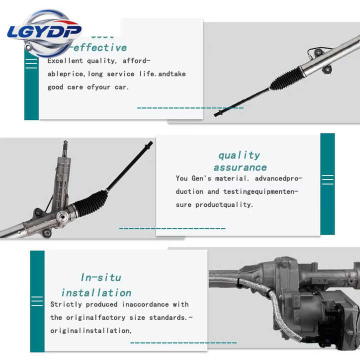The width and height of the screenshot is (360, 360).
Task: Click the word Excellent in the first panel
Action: (x=65, y=61)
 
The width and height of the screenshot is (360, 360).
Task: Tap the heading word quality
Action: (x=239, y=155)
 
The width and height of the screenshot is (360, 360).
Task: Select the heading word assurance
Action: (x=240, y=167)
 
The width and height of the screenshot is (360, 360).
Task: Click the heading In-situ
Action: (x=101, y=277)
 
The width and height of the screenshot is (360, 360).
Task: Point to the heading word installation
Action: (x=96, y=292)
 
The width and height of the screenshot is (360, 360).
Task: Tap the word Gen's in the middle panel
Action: (x=202, y=178)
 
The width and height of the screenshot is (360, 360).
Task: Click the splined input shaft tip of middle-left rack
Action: (x=65, y=147)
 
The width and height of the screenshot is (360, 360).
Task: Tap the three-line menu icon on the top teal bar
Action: (x=31, y=63)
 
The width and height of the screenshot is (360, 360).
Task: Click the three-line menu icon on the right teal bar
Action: (x=327, y=179)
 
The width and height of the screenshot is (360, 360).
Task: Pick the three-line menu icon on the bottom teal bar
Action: (x=37, y=300)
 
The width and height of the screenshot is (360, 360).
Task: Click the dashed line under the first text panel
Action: (x=190, y=107)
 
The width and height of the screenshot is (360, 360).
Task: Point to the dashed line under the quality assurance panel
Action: (x=172, y=228)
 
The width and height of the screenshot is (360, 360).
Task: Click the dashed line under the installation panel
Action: (x=183, y=343)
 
